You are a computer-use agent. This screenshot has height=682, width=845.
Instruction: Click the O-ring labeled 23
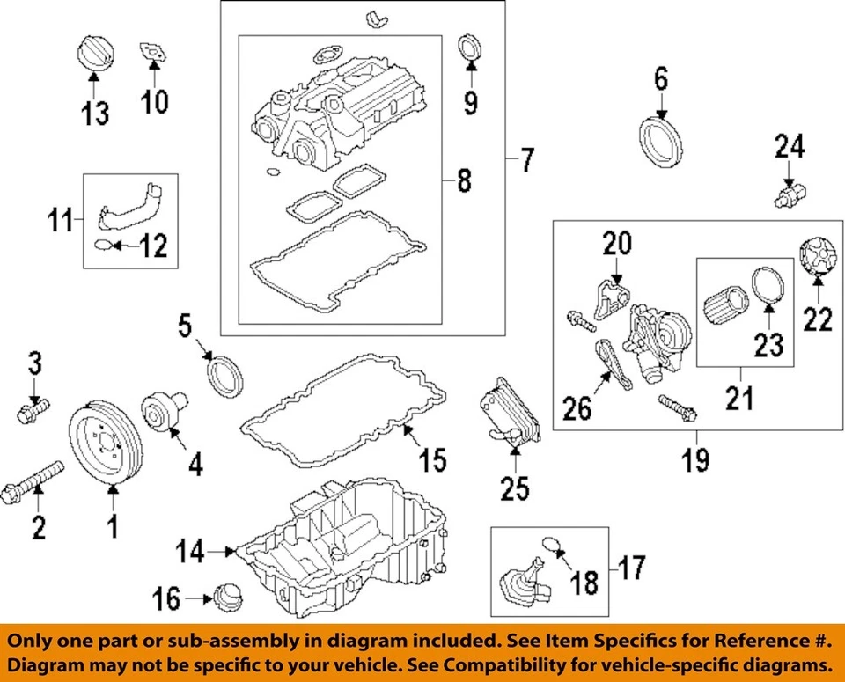(x=768, y=289)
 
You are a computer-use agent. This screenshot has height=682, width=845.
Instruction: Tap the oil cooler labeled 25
(x=508, y=415)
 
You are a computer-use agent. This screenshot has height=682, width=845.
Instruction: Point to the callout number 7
(x=526, y=160)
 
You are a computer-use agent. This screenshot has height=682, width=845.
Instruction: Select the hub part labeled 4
(x=162, y=413)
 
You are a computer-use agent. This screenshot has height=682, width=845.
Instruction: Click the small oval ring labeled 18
(x=550, y=546)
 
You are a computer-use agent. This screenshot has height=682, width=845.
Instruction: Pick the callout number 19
(x=695, y=458)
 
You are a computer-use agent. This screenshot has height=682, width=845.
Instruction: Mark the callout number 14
(x=189, y=553)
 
